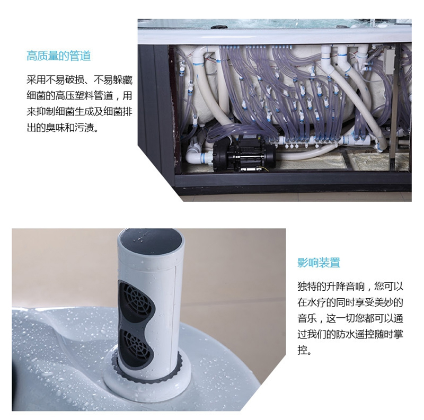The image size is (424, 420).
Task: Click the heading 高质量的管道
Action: pyautogui.click(x=59, y=56)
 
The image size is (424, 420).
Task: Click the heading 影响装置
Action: pyautogui.click(x=319, y=262)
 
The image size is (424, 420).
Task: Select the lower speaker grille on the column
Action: pyautogui.click(x=137, y=347)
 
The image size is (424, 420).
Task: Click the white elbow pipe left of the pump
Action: pyautogui.click(x=198, y=155)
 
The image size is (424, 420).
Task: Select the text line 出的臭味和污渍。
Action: pyautogui.click(x=63, y=128)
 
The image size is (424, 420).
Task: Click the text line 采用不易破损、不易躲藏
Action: pyautogui.click(x=79, y=80)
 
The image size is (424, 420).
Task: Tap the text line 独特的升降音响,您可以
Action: pyautogui.click(x=350, y=286)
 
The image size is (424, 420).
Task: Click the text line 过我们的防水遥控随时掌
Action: pyautogui.click(x=350, y=334)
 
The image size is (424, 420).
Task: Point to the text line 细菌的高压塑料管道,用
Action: pyautogui.click(x=79, y=96)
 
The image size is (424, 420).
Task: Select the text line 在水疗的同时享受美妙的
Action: pyautogui.click(x=350, y=302)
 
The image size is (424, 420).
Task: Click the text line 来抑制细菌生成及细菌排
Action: pyautogui.click(x=79, y=112)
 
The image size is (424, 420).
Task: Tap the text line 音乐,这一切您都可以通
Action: pyautogui.click(x=350, y=318)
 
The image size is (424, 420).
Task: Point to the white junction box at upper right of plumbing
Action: pyautogui.click(x=390, y=61)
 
